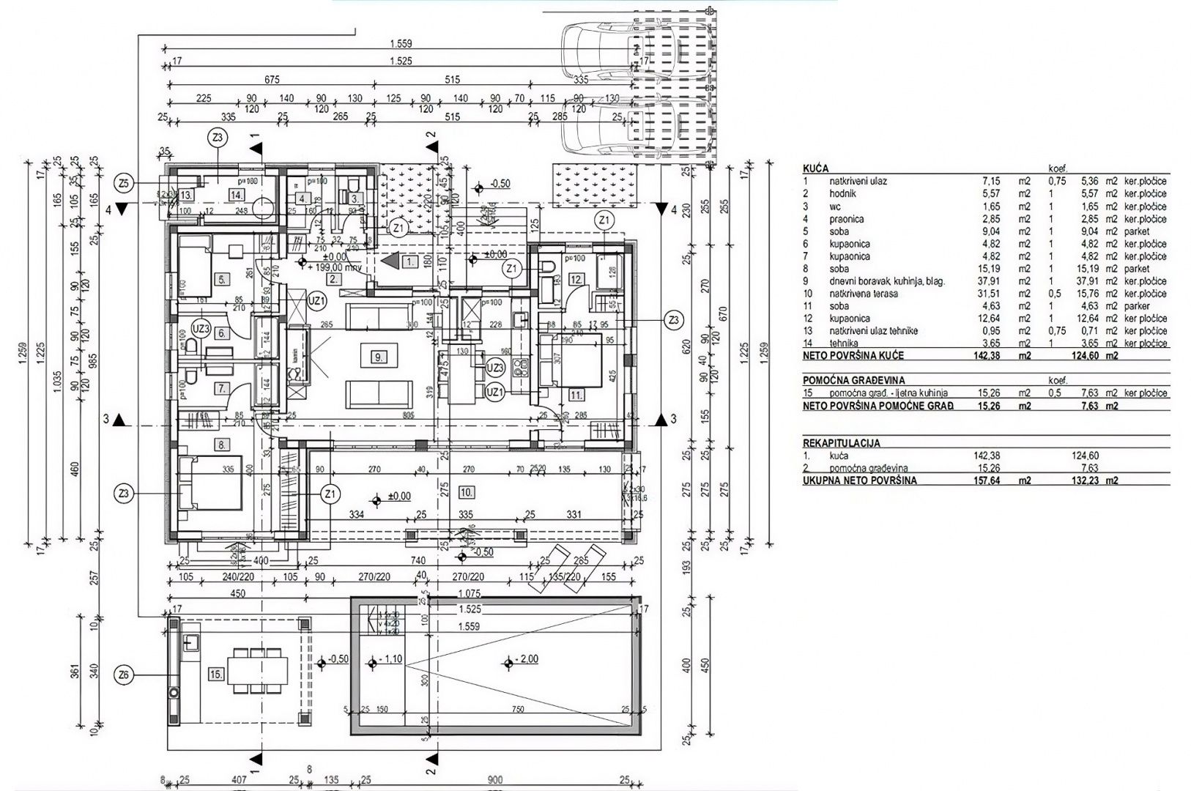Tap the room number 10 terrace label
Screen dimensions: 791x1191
(468, 490)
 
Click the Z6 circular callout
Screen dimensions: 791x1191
(125, 674)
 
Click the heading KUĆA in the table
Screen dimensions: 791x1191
(816, 168)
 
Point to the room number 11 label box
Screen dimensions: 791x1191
(578, 395)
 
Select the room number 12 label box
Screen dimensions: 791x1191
(576, 279)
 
